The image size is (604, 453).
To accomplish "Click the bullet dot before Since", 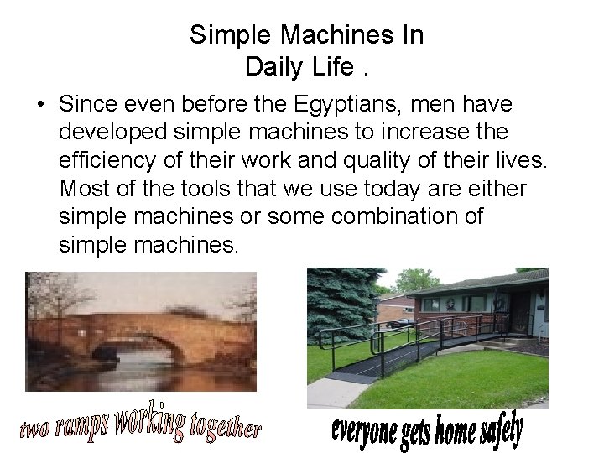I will pos(40,106).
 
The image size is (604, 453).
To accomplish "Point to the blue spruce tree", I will pos(340,302).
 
